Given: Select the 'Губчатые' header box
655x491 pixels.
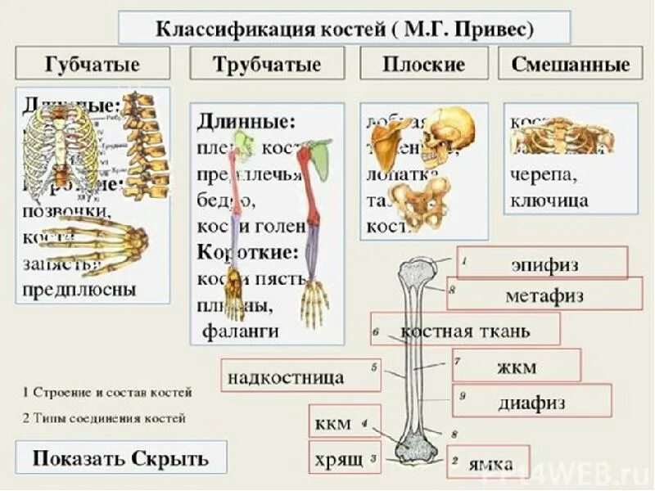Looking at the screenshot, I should click(x=93, y=64).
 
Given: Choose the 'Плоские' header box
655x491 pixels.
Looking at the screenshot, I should click(x=423, y=64).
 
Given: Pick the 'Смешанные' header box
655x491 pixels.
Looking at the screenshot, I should click(x=571, y=64).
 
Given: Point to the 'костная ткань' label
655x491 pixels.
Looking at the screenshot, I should click(x=465, y=331).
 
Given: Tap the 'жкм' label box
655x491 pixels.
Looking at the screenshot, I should click(x=517, y=366).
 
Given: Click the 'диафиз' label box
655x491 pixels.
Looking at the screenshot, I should click(x=531, y=402).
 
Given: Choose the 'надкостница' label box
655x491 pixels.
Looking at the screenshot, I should click(x=298, y=376).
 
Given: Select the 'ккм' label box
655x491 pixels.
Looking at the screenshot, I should click(x=332, y=423).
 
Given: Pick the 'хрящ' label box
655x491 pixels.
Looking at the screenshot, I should click(x=332, y=459).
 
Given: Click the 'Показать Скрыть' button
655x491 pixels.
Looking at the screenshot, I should click(x=120, y=458).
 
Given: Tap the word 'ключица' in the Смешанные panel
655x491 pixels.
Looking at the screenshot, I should click(x=549, y=200).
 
